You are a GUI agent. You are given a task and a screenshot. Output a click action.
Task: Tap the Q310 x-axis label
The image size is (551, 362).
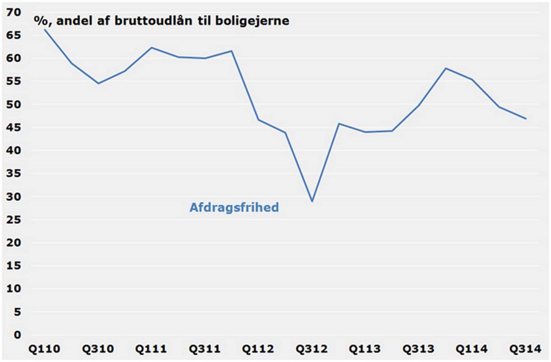pyautogui.click(x=98, y=349)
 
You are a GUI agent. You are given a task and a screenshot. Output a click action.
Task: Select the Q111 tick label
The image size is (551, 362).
pyautogui.click(x=152, y=349)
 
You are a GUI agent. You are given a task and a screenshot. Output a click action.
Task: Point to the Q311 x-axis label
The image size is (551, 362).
pyautogui.click(x=205, y=349)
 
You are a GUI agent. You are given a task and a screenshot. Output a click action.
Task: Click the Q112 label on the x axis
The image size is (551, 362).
pyautogui.click(x=258, y=349)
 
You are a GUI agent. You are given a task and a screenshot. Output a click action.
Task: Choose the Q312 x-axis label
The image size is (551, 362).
pyautogui.click(x=312, y=349)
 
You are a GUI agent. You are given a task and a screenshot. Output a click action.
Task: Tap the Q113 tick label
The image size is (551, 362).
pyautogui.click(x=365, y=349)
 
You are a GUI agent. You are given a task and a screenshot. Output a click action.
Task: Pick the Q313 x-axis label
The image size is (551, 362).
pyautogui.click(x=418, y=349)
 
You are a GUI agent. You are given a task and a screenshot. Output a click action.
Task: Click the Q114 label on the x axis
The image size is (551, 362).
pyautogui.click(x=472, y=349)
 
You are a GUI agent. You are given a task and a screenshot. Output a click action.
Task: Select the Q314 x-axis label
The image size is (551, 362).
pyautogui.click(x=525, y=349)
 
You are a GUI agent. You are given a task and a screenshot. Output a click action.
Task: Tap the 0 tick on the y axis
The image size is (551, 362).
pyautogui.click(x=18, y=335)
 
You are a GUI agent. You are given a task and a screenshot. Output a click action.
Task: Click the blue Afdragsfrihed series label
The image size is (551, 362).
pyautogui.click(x=234, y=208)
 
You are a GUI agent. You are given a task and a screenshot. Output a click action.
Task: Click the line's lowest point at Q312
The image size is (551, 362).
pyautogui.click(x=312, y=201)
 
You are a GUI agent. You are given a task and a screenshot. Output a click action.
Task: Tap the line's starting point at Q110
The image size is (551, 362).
pyautogui.click(x=45, y=29)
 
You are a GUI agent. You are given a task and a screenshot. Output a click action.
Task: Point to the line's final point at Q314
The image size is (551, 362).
pyautogui.click(x=526, y=119)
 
